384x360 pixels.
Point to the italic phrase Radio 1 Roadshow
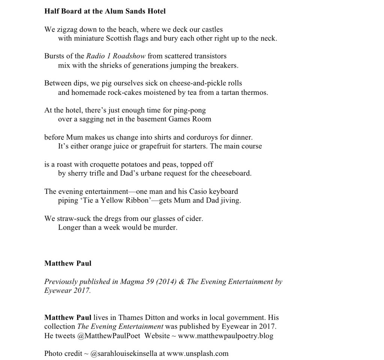116,56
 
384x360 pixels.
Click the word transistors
209,56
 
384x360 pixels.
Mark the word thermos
255,92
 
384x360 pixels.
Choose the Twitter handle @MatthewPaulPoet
109,336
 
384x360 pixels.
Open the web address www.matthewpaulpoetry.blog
225,336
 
